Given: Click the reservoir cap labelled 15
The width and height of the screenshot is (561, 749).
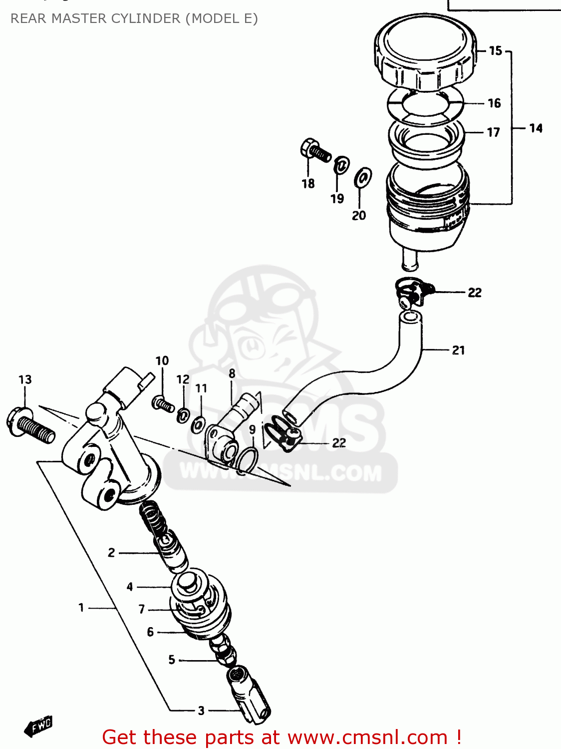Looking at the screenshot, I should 424,52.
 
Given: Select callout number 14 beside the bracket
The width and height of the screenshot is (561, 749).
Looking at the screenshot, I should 536,128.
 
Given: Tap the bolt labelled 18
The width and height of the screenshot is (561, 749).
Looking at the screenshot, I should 315,150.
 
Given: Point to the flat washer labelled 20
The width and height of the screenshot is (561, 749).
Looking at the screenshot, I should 362,177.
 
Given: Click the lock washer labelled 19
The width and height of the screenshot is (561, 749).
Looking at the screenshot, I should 341,164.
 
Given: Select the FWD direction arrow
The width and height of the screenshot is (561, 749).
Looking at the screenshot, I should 39,726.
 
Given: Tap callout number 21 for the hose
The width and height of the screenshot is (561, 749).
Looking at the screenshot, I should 458,350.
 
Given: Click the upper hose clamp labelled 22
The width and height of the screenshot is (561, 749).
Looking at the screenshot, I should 413,292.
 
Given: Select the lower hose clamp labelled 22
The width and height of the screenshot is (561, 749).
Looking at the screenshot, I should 285,434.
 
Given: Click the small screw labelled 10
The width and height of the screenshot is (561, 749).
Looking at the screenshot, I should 163,403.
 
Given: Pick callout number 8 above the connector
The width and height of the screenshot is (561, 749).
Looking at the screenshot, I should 232,374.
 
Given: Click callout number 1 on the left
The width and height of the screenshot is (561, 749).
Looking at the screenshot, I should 81,608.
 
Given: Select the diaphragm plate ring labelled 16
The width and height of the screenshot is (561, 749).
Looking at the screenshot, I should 425,105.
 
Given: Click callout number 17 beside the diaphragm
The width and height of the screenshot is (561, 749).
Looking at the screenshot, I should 493,132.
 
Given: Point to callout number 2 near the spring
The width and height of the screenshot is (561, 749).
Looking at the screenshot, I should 111,553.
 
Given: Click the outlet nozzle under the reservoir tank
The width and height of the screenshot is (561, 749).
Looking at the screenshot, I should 410,259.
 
